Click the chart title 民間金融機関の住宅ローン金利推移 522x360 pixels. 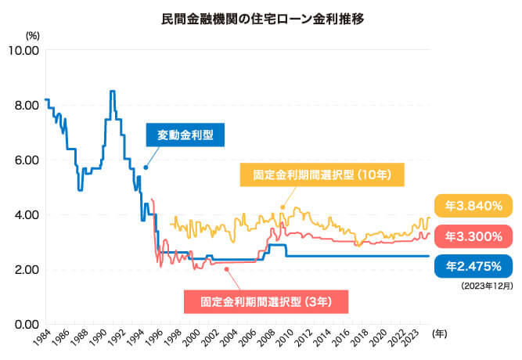[261, 15]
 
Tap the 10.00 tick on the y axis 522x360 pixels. [23, 51]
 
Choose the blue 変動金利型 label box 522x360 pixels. [185, 135]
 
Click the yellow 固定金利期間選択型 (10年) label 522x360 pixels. [316, 175]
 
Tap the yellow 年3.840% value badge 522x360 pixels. [473, 207]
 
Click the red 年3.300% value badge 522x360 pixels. [473, 235]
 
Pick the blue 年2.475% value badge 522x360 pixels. [473, 266]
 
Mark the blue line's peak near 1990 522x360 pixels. [112, 92]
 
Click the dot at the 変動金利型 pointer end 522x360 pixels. [146, 167]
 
